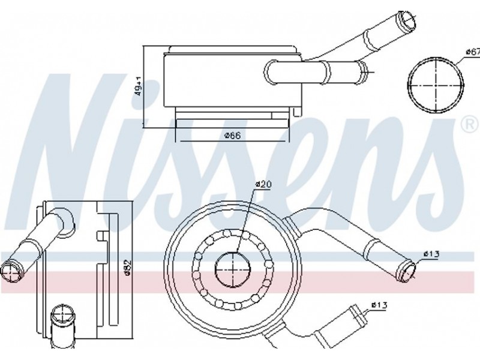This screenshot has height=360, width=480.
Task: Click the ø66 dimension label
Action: [233, 136]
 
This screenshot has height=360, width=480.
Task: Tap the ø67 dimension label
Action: [473, 52]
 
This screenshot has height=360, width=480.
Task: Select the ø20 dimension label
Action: [263, 185]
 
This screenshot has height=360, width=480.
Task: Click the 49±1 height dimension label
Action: [139, 86]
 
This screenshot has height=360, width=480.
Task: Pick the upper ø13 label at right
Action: [431, 254]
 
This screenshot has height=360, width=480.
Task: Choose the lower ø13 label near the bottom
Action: [379, 305]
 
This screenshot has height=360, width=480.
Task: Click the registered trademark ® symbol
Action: [472, 125]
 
